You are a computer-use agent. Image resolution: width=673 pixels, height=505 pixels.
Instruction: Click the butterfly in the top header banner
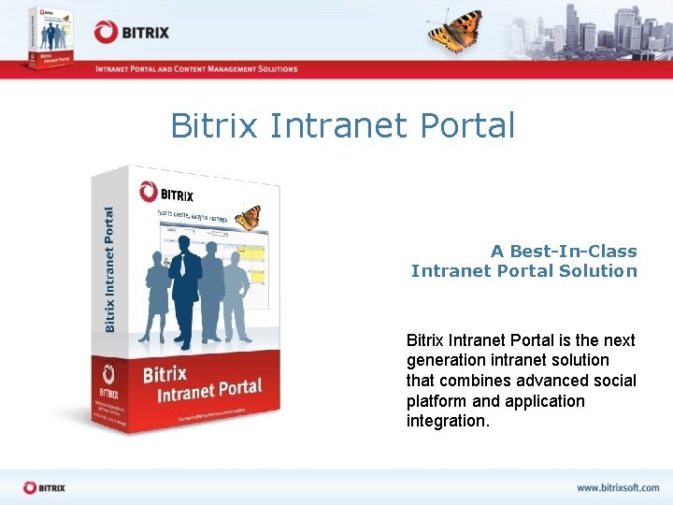coord(455,30)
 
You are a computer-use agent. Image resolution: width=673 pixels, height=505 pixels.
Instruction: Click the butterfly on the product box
coord(248,217)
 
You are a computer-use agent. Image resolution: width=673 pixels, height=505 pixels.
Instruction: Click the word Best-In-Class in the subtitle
coord(575,251)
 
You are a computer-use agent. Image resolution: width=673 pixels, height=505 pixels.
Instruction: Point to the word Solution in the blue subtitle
coord(598,271)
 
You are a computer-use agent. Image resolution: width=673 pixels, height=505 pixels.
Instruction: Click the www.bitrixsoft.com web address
coord(617,487)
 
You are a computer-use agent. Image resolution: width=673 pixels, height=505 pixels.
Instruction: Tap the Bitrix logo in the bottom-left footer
coord(44,487)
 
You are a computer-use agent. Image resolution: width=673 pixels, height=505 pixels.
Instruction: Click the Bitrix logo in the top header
coord(132,32)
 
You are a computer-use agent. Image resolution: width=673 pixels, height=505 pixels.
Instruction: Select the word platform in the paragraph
coord(437,401)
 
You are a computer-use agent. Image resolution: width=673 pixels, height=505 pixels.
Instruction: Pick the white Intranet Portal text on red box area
coord(209,389)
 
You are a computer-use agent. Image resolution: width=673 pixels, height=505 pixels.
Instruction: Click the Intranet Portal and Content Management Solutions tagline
coord(195,69)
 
